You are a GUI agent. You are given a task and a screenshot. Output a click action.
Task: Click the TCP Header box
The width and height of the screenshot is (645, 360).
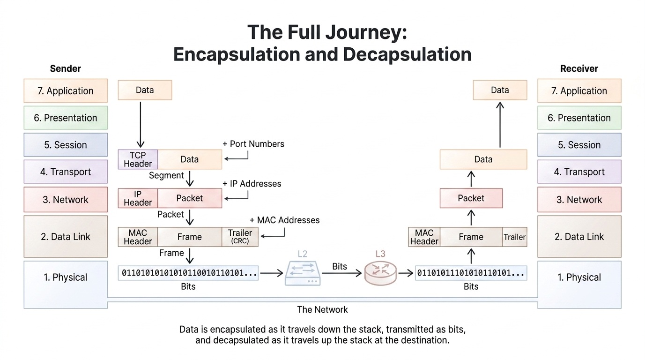click(138, 159)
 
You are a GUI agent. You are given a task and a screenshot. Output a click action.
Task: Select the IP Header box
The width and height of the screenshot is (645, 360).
click(138, 198)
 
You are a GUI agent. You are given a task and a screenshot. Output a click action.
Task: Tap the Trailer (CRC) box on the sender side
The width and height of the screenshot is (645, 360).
click(240, 237)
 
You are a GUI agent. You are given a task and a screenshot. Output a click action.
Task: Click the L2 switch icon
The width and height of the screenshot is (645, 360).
click(302, 273)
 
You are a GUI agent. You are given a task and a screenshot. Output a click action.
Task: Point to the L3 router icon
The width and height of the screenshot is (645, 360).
click(380, 273)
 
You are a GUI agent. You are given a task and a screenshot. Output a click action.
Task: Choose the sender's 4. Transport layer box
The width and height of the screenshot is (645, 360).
click(66, 172)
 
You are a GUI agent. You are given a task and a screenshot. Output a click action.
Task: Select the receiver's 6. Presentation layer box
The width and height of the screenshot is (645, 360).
click(579, 118)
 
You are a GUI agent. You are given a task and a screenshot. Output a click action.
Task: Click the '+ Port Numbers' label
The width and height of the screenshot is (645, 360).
click(253, 144)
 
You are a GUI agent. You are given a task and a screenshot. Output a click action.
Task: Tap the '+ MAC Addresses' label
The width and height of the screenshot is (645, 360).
click(284, 220)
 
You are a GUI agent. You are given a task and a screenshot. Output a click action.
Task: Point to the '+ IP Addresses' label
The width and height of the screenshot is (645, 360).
click(252, 184)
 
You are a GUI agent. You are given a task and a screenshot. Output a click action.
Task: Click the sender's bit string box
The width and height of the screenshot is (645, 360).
click(188, 273)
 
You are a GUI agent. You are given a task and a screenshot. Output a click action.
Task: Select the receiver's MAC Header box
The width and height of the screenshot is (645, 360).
click(424, 237)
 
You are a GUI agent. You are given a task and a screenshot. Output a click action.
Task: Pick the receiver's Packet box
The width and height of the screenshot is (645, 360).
click(471, 198)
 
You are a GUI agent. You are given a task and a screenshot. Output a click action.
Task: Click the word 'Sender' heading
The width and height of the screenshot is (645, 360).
click(66, 68)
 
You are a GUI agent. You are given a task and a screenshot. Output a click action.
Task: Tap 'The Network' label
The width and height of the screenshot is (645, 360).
click(322, 309)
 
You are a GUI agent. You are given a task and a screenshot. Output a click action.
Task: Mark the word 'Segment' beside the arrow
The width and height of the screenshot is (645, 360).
click(166, 175)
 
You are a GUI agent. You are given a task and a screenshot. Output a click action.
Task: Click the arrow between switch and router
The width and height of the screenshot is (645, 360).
click(341, 273)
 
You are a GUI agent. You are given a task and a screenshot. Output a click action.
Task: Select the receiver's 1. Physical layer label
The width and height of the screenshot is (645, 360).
click(579, 277)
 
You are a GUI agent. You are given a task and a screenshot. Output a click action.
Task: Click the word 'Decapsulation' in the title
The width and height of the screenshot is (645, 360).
click(407, 54)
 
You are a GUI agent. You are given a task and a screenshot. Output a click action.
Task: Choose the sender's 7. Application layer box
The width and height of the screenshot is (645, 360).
click(66, 91)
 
